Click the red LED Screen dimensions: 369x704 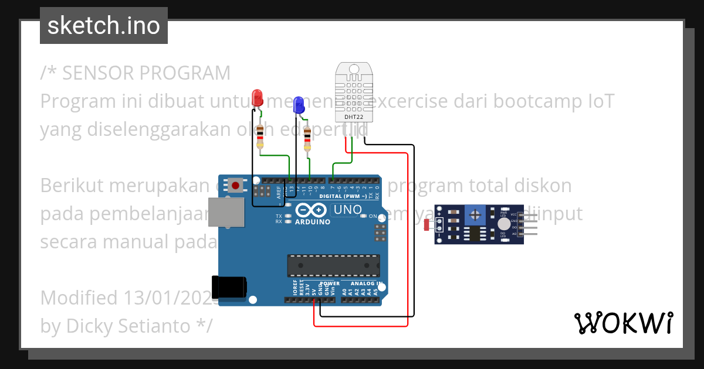point(257,98)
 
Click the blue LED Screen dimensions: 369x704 point(298,105)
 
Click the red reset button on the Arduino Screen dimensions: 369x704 point(235,186)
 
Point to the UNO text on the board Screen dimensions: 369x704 point(347,210)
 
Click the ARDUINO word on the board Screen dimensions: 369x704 point(312,222)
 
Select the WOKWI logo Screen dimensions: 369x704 point(623,323)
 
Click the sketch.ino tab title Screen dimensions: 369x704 point(103,26)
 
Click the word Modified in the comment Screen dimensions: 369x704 point(79,298)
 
